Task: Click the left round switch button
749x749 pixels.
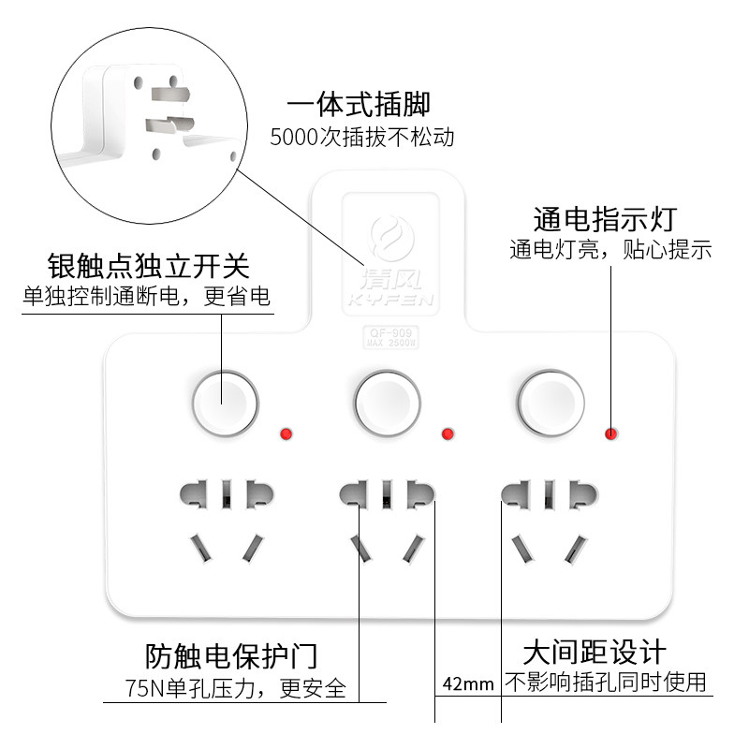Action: coord(225,404)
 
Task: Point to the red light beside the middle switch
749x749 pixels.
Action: coord(448,433)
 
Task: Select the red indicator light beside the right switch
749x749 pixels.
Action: coord(610,433)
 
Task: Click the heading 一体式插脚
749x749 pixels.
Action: coord(360,104)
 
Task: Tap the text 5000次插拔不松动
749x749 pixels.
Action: coord(361,138)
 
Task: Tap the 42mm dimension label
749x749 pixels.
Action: coord(468,683)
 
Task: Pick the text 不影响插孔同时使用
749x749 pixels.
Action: coord(606,682)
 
